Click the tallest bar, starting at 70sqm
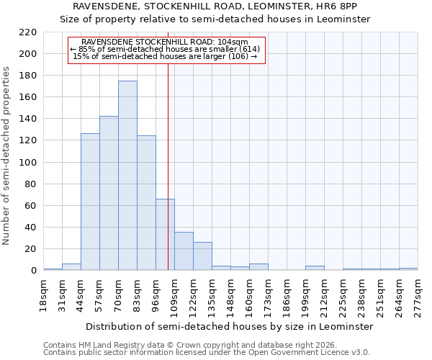coord(127,176)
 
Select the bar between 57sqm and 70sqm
coord(109,193)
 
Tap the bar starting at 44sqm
coord(90,202)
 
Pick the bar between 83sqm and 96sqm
coord(146,203)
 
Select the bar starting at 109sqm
coord(184,251)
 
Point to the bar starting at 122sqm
coord(202,256)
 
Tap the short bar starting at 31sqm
coord(71,267)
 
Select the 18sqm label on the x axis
coord(43,295)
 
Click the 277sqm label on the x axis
coord(418,295)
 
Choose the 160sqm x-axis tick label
coord(249,295)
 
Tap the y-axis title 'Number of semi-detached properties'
coord(6,156)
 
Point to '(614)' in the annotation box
coord(248,49)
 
